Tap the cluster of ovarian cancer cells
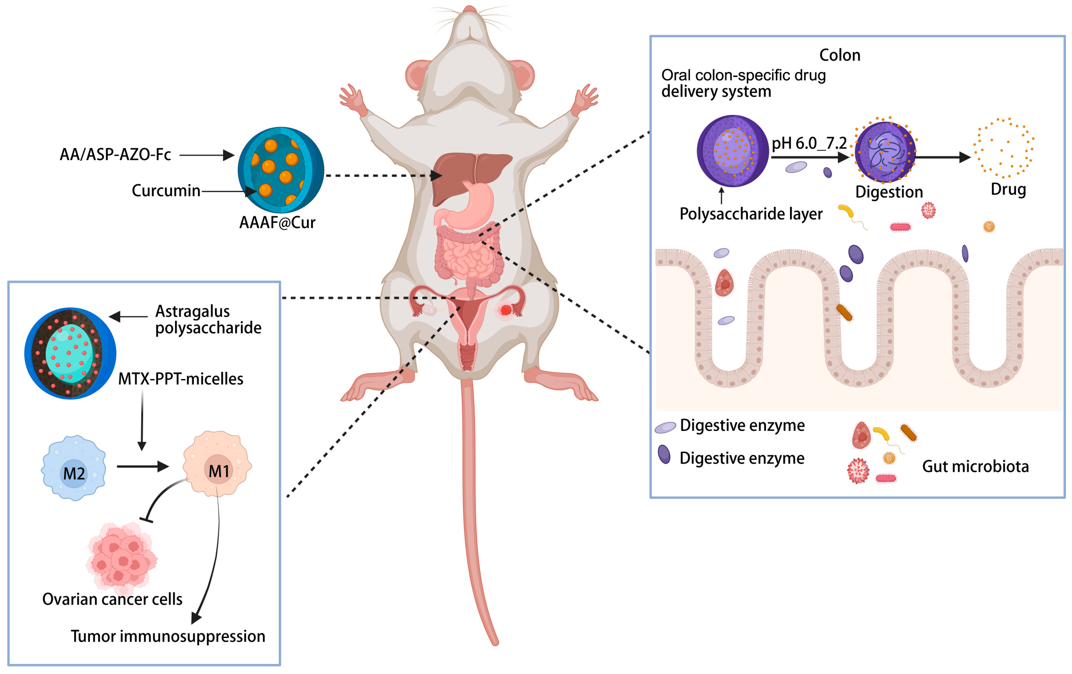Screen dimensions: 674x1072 121,556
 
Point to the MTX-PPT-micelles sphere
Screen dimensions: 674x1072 70,353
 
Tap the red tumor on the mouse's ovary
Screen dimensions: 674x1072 506,310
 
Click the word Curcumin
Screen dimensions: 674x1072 166,191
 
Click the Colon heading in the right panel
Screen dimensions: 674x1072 840,55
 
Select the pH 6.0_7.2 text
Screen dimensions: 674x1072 809,143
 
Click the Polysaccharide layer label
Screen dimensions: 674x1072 750,214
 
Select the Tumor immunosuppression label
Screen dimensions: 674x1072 168,636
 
